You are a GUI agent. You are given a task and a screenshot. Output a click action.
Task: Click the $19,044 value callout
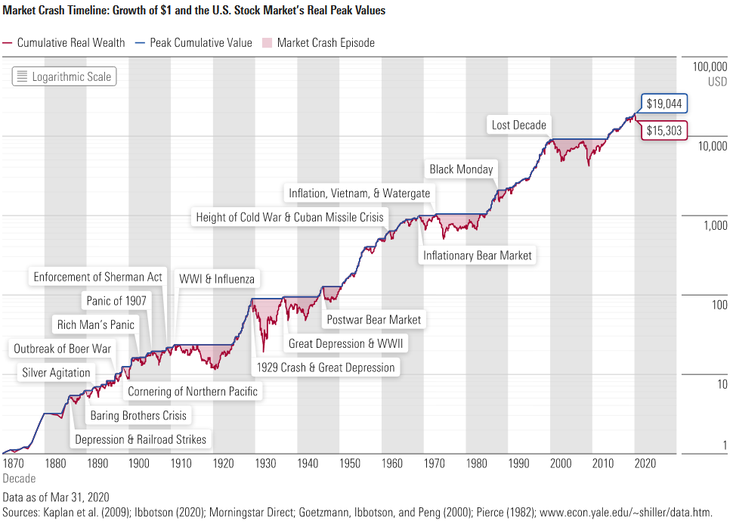pos(664,104)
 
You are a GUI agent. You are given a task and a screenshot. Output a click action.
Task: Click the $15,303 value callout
pos(664,130)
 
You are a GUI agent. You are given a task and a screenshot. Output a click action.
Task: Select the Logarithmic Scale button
pos(63,76)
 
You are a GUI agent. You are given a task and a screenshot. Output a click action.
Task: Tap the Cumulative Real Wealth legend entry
pos(64,42)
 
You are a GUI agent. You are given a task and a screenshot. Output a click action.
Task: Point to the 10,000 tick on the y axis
pos(710,145)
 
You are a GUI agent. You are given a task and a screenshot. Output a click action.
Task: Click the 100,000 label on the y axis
pos(710,67)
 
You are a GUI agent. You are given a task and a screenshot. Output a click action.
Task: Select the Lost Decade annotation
pos(518,125)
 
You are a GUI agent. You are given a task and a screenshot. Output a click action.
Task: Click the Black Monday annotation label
pos(461,169)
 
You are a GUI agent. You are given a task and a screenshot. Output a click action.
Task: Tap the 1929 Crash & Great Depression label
pos(326,367)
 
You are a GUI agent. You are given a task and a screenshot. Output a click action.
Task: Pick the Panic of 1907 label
pos(116,300)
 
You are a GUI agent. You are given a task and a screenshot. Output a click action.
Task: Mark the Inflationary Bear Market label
pos(477,256)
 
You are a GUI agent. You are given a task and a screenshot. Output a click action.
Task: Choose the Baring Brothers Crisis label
pos(138,415)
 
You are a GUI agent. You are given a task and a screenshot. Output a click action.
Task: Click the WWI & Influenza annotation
pos(217,278)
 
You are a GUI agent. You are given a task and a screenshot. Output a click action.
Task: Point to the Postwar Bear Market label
pos(373,320)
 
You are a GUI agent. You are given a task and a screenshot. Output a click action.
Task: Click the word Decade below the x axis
pos(19,478)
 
